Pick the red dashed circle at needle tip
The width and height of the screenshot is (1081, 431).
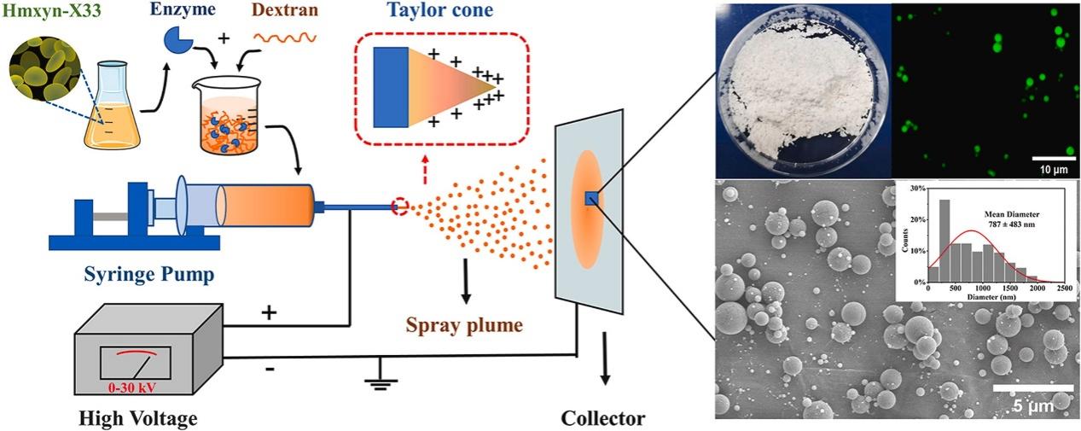point(400,207)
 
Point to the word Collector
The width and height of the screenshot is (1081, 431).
point(603,418)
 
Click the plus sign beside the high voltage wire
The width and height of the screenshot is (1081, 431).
point(269,312)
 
